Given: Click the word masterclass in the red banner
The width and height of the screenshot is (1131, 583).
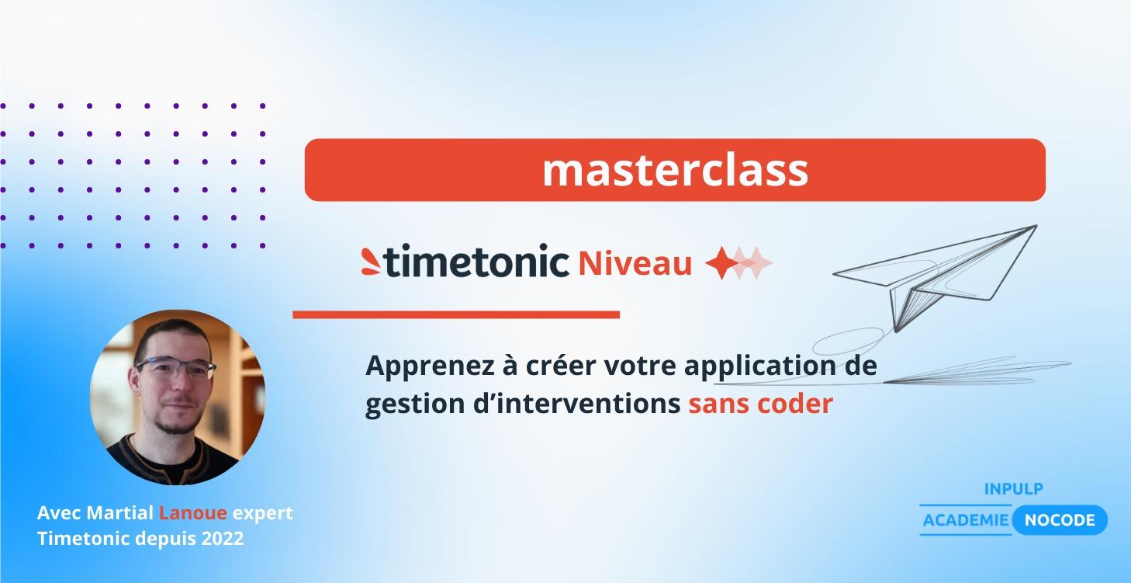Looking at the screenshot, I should tap(675, 171).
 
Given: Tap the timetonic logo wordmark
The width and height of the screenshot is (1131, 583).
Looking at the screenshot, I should tap(476, 262).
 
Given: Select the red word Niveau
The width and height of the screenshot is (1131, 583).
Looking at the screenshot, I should tap(635, 264).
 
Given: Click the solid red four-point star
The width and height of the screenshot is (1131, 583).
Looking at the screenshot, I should tap(721, 264).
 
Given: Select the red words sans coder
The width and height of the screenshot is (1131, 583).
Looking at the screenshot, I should tap(760, 404).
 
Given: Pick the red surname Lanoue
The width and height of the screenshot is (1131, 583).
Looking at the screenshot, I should tap(193, 513).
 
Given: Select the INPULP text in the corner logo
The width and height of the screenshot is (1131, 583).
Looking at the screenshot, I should tap(1013, 489).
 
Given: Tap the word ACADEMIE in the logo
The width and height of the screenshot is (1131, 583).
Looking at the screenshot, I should tap(965, 520).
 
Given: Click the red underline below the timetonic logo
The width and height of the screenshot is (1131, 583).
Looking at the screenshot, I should tap(456, 314).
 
